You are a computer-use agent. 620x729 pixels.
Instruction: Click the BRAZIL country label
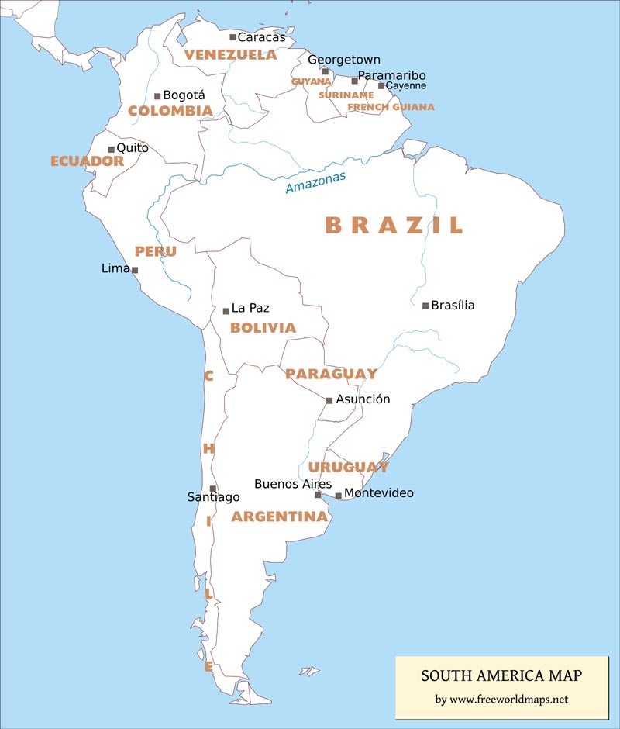(394, 225)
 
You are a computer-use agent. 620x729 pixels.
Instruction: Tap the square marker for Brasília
(425, 306)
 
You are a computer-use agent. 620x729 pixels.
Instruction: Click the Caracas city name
(261, 37)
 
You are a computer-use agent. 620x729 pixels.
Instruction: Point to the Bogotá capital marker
(157, 96)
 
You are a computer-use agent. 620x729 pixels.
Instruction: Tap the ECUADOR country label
(87, 161)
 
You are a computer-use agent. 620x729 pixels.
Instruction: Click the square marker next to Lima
(135, 271)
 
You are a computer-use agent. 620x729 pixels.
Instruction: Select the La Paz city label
(250, 308)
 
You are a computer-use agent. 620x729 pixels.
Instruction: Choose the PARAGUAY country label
(331, 374)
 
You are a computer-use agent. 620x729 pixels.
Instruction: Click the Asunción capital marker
(329, 401)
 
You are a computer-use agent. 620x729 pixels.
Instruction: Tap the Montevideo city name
(378, 493)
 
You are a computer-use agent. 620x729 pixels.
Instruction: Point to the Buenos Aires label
(293, 484)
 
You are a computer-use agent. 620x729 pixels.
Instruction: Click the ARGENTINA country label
(279, 517)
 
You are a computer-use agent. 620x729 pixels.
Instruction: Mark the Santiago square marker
(213, 489)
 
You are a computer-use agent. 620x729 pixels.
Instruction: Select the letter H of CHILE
(208, 449)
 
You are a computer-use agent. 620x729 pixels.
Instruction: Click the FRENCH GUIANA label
(391, 107)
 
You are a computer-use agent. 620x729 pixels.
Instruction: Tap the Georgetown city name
(344, 60)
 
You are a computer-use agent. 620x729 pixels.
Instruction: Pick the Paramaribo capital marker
(355, 81)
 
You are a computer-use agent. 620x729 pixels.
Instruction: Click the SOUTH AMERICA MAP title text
(501, 676)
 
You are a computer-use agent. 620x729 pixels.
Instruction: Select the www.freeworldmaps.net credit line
(501, 700)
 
